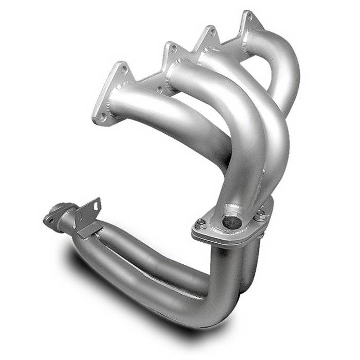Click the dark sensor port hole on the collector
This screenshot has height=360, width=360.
(231, 222)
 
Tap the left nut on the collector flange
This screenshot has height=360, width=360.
(200, 224)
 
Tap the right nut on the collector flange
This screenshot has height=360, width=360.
(261, 211)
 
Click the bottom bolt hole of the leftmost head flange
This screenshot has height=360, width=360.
(102, 118)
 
